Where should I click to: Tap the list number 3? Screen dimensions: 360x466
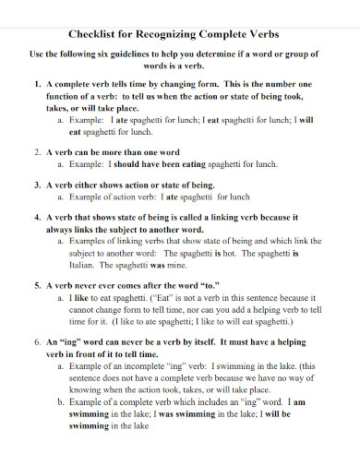pyautogui.click(x=37, y=184)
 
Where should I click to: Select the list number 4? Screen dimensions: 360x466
pyautogui.click(x=37, y=218)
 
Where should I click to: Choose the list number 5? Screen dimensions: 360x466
pyautogui.click(x=37, y=286)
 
